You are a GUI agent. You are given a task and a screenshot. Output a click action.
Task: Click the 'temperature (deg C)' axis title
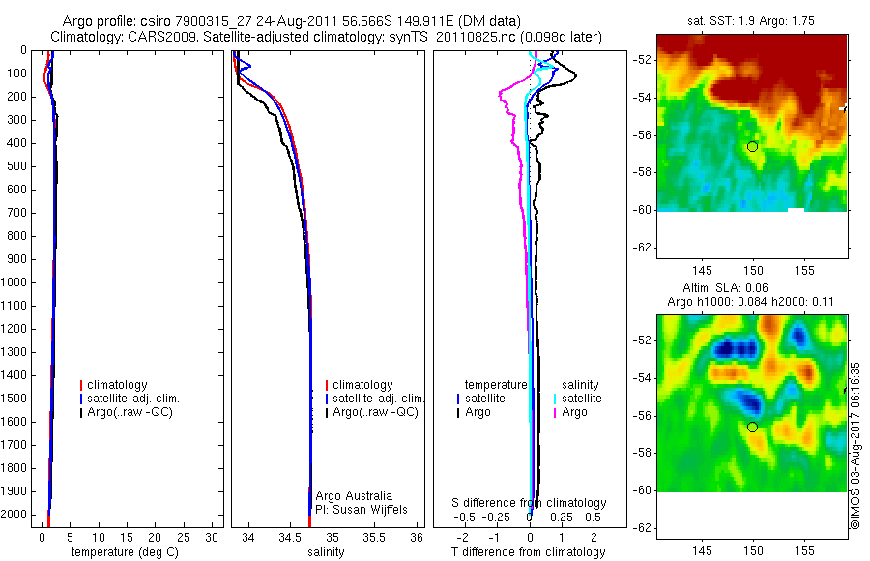click(x=124, y=552)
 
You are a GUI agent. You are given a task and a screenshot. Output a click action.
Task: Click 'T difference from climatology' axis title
click(x=528, y=552)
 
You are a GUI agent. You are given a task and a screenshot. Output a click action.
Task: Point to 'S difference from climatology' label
click(x=529, y=503)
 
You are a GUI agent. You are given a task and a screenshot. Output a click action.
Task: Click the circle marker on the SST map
click(x=752, y=146)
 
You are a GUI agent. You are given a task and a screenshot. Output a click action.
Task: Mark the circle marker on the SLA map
click(x=752, y=427)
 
